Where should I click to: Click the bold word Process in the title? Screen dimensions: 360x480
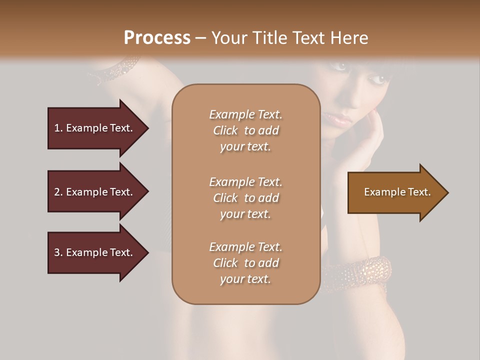tap(157, 38)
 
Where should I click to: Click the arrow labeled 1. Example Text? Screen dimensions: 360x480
tap(95, 128)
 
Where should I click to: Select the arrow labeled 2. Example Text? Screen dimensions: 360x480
tap(95, 192)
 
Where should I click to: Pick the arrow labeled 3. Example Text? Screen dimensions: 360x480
tap(95, 252)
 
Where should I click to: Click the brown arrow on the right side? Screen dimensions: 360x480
tap(395, 192)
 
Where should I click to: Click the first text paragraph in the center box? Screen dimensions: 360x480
tap(245, 130)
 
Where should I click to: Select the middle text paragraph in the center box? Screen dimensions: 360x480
tap(245, 198)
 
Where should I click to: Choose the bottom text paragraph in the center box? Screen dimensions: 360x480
tap(245, 263)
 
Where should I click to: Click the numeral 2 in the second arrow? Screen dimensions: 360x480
tap(56, 192)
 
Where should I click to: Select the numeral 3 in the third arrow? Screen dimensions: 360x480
tap(56, 252)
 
